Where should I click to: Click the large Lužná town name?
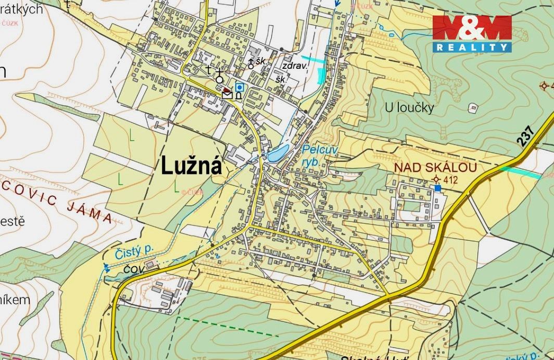click(x=191, y=166)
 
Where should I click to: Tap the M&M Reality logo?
click(x=472, y=33)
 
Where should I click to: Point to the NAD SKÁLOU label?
click(x=435, y=168)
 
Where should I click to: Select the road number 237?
click(x=527, y=135)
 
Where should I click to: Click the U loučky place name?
click(x=409, y=108)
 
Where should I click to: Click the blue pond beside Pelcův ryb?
click(x=277, y=153)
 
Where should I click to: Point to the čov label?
click(x=134, y=269)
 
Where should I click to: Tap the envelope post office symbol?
click(x=228, y=94)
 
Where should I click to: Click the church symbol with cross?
click(x=219, y=75)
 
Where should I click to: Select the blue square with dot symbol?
click(x=239, y=87)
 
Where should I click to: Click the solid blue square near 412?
click(x=437, y=188)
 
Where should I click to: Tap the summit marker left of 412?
click(x=436, y=180)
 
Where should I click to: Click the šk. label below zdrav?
click(x=281, y=80)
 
